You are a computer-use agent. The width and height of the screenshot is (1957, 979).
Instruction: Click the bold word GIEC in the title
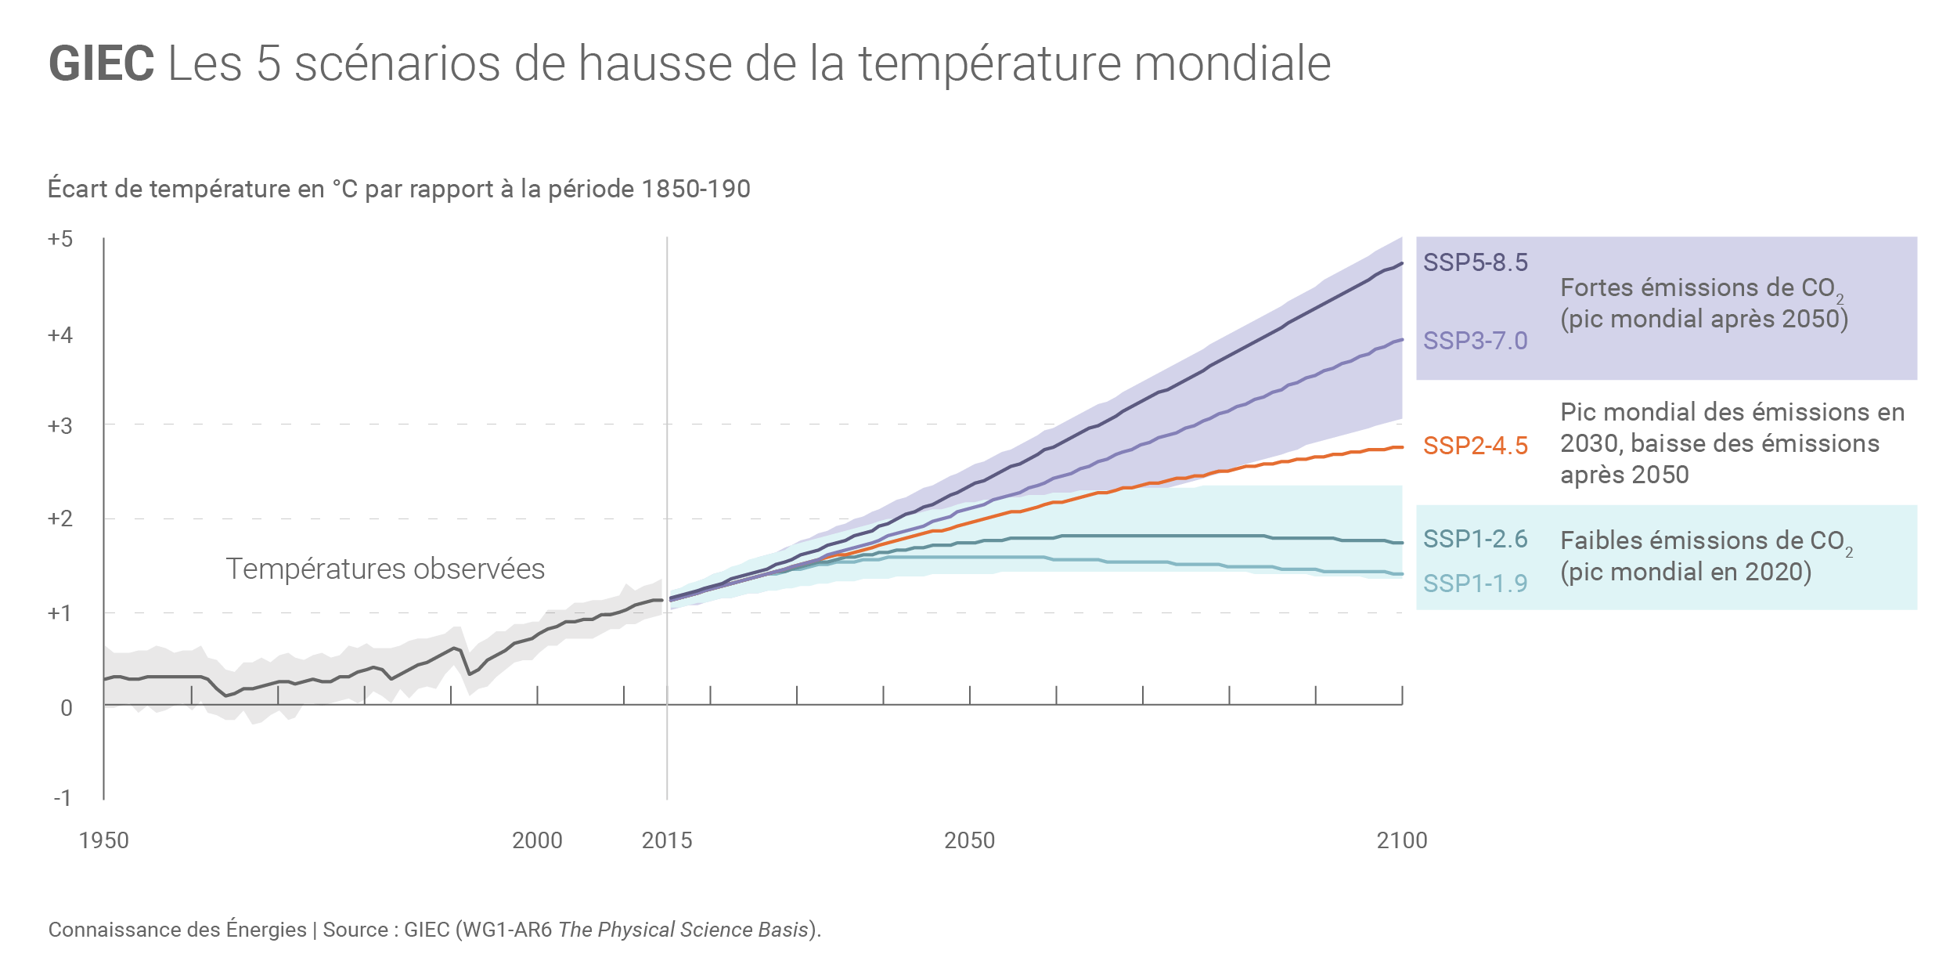[101, 63]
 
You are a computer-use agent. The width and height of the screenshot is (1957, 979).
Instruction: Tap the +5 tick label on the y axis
[60, 239]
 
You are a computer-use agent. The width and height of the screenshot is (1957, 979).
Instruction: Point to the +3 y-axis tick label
[60, 426]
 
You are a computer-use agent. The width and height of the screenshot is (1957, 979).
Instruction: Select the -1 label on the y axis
[62, 798]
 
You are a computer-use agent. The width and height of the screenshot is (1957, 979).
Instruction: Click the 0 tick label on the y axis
[67, 708]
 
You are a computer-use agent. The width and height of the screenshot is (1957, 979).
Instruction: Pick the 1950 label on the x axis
[103, 840]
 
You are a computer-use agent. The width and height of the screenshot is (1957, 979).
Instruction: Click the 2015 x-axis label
[667, 840]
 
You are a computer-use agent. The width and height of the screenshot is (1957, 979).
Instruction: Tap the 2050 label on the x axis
[969, 840]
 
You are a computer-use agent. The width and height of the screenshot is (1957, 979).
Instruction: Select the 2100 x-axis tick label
[1402, 840]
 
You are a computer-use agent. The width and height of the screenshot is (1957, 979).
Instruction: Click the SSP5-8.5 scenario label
[1475, 262]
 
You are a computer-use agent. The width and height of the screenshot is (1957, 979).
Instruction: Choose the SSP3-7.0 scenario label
[1475, 341]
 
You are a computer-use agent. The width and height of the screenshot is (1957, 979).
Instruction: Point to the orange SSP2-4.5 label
[1475, 446]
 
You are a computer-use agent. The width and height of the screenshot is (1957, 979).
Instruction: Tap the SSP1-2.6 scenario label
[1475, 539]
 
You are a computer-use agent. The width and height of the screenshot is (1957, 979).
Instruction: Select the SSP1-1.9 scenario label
[1475, 583]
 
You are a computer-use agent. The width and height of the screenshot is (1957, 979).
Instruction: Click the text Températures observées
[385, 569]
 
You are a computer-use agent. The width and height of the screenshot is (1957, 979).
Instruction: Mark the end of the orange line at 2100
[1401, 447]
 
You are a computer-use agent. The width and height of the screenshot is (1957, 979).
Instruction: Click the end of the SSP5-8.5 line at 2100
[1401, 264]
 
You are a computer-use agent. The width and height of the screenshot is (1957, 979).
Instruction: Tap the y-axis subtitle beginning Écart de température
[398, 189]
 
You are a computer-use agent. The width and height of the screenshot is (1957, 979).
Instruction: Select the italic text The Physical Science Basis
[683, 930]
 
